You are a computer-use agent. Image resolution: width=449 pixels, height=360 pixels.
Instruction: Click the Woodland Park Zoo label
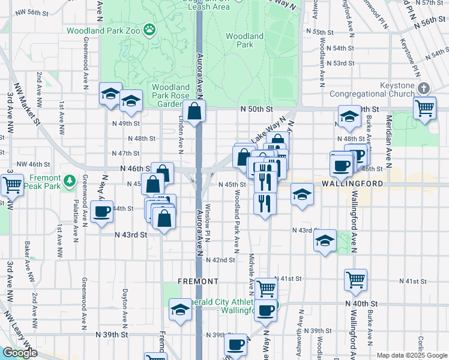coord(104,31)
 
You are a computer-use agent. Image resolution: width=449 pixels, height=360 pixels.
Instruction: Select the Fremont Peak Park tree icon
coord(70,179)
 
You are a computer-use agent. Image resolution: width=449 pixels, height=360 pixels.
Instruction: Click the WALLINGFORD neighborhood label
coord(352,183)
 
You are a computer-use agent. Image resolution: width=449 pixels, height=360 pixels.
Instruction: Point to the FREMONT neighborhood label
coord(197,281)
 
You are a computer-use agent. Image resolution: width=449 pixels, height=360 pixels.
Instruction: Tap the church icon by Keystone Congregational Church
coord(424,88)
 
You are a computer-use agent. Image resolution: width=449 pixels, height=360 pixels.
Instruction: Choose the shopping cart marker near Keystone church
coord(425,109)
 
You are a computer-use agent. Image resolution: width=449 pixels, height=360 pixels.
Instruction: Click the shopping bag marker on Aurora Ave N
coord(194,111)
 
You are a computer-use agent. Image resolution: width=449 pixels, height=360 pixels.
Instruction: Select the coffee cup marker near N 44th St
coord(102,212)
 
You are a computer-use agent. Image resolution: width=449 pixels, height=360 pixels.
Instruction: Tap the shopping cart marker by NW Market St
coord(12,185)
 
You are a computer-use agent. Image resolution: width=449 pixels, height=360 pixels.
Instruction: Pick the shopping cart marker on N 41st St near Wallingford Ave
coord(356,279)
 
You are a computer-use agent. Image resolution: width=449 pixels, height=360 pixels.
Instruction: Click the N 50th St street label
coord(256,109)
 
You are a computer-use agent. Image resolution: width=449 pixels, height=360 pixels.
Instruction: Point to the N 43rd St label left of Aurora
coord(131,235)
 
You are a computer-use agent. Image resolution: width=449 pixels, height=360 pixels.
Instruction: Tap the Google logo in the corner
coord(20,353)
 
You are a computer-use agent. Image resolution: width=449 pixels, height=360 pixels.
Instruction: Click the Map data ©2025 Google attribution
coord(412,355)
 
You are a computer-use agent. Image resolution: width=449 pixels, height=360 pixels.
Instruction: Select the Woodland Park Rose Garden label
coord(170,95)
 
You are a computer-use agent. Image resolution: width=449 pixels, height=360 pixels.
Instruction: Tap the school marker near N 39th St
coord(179,310)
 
